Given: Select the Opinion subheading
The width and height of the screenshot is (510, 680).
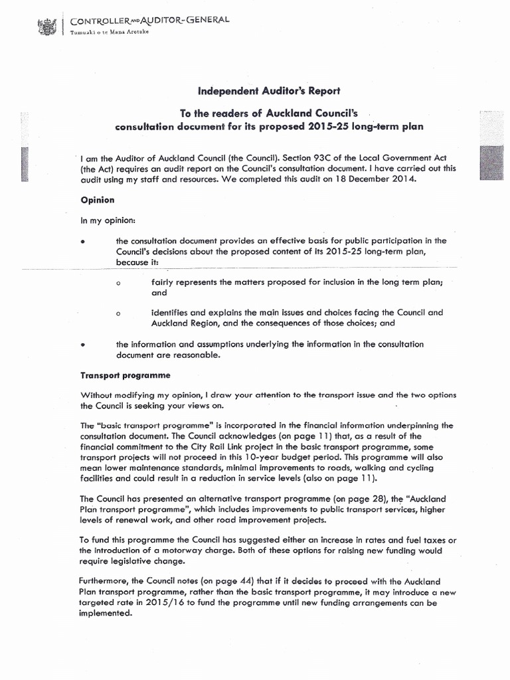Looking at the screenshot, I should [98, 199].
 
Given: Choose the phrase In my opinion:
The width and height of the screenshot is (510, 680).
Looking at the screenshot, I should [106, 220].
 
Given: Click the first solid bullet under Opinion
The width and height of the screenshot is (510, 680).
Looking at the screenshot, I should [83, 241].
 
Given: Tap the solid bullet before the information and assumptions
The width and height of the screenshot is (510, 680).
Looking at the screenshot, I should [83, 345].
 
